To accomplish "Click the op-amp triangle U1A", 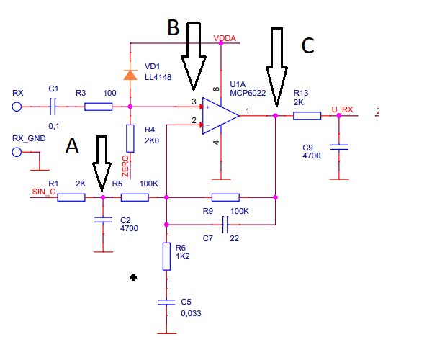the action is [x=220, y=116].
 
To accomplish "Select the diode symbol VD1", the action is [x=130, y=75].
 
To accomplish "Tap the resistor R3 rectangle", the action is [x=99, y=107].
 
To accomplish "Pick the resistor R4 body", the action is [x=130, y=138].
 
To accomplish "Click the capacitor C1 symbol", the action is [x=53, y=107].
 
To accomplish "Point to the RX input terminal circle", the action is [x=17, y=107].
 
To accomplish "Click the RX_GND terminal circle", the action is [x=17, y=152].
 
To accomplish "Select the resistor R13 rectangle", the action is [x=307, y=116].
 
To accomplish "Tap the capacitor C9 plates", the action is [x=339, y=147].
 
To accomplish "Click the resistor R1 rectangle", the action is [x=71, y=197].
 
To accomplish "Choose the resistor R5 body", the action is [x=135, y=197].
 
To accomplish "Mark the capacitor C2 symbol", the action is [x=103, y=220].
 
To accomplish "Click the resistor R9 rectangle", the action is [x=225, y=197].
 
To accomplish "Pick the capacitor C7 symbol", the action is [x=225, y=225].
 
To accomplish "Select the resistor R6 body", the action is [x=166, y=256].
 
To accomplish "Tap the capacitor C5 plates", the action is [x=166, y=302].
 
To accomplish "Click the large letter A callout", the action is [x=72, y=145].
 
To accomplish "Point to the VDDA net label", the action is [x=225, y=38].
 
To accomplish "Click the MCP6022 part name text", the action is [x=248, y=93].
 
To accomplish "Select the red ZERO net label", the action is [x=125, y=166].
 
